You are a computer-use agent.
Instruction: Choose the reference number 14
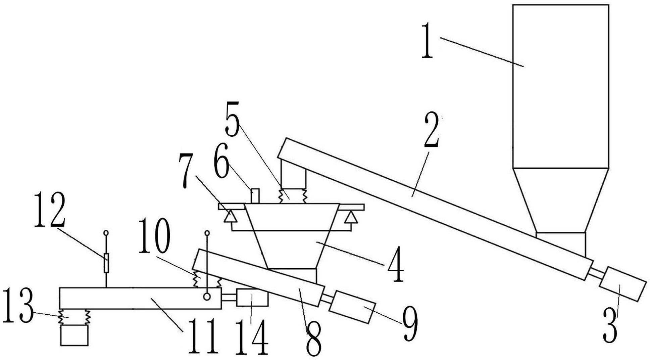(x=251, y=337)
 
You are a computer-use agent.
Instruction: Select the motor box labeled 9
(x=352, y=307)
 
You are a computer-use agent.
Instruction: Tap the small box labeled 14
(x=252, y=298)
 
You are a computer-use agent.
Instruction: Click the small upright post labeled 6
(x=255, y=196)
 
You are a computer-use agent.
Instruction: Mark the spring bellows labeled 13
(x=74, y=317)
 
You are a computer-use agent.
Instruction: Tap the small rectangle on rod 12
(x=106, y=263)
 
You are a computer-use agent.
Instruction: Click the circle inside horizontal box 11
(x=207, y=297)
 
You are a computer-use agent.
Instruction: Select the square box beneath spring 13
(x=74, y=335)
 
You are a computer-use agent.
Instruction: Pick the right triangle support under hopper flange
(x=351, y=218)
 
